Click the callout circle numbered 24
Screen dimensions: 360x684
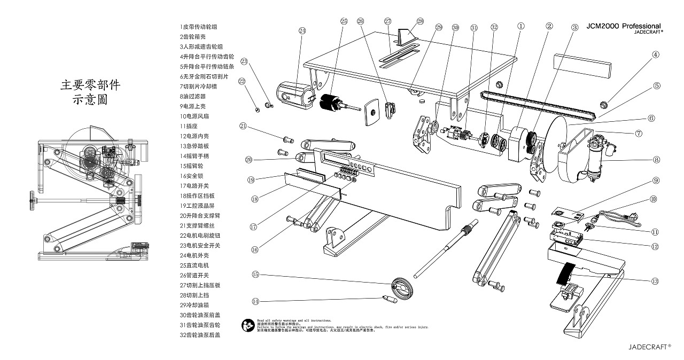pos(302,30)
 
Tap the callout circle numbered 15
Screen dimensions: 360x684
pos(255,275)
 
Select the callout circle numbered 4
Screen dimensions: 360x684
pos(656,54)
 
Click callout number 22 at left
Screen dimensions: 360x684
pos(242,81)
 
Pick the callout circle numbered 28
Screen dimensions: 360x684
pos(419,21)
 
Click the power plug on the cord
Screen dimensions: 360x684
pos(632,216)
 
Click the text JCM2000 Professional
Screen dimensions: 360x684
pos(624,26)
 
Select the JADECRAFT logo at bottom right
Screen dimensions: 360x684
pos(649,346)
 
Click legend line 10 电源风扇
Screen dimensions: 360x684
pos(194,116)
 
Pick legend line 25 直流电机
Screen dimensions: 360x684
pos(194,265)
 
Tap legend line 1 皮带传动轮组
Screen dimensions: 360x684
pos(199,26)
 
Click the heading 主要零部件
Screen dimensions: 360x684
pos(90,84)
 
